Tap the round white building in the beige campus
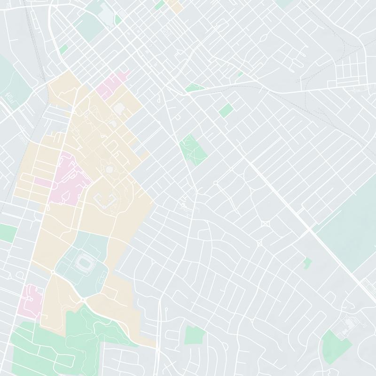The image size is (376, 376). (109, 169)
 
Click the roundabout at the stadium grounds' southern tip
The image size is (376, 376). (83, 299)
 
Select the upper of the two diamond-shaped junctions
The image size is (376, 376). (264, 224)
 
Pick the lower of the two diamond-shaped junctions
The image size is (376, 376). (259, 243)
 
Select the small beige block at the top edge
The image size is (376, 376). (174, 5)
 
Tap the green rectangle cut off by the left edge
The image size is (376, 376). (7, 233)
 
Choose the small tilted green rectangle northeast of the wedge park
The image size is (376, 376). (226, 110)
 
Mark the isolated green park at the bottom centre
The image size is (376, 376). (195, 335)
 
